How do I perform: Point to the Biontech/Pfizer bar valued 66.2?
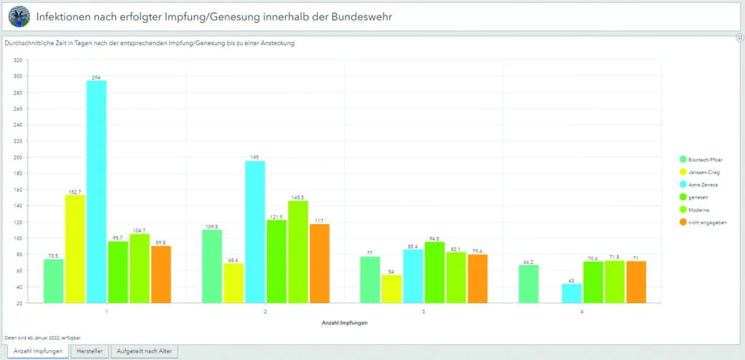click(x=529, y=284)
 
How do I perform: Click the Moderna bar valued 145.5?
click(x=298, y=252)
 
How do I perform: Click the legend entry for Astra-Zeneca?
click(x=703, y=185)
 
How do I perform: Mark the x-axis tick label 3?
click(x=423, y=311)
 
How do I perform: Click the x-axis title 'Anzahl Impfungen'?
click(x=344, y=322)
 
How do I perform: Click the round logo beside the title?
click(x=20, y=15)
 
